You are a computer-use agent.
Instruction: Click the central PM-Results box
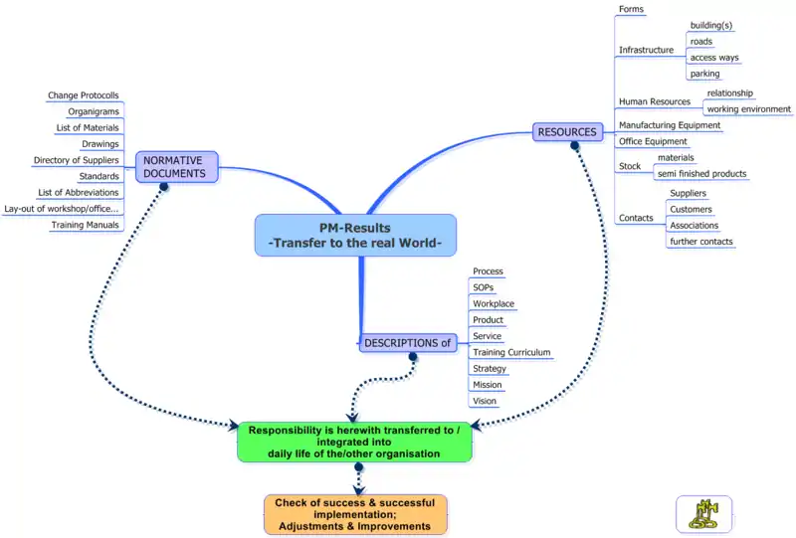pyautogui.click(x=355, y=235)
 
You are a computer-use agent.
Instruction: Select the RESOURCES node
pyautogui.click(x=567, y=131)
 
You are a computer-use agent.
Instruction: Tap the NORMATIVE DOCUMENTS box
pyautogui.click(x=174, y=166)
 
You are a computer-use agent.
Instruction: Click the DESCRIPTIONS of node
pyautogui.click(x=408, y=343)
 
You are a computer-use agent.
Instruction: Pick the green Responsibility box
pyautogui.click(x=354, y=442)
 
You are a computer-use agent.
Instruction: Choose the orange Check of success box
pyautogui.click(x=355, y=514)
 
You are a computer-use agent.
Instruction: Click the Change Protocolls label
pyautogui.click(x=84, y=95)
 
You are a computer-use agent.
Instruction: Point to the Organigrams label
pyautogui.click(x=94, y=111)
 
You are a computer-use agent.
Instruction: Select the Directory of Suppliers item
pyautogui.click(x=77, y=160)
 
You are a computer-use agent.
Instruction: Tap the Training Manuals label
pyautogui.click(x=86, y=225)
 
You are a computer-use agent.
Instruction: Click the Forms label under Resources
pyautogui.click(x=631, y=10)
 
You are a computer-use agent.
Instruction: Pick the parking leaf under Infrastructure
pyautogui.click(x=704, y=74)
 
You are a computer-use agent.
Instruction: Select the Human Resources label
pyautogui.click(x=654, y=101)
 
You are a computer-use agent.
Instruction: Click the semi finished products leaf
pyautogui.click(x=701, y=174)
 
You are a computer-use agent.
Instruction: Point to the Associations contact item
pyautogui.click(x=695, y=226)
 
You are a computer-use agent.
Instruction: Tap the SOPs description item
pyautogui.click(x=483, y=287)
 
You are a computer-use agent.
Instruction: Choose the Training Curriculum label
pyautogui.click(x=511, y=352)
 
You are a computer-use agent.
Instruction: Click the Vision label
pyautogui.click(x=485, y=401)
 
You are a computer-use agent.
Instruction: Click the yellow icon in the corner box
pyautogui.click(x=703, y=513)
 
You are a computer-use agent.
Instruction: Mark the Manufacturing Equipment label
pyautogui.click(x=669, y=125)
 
